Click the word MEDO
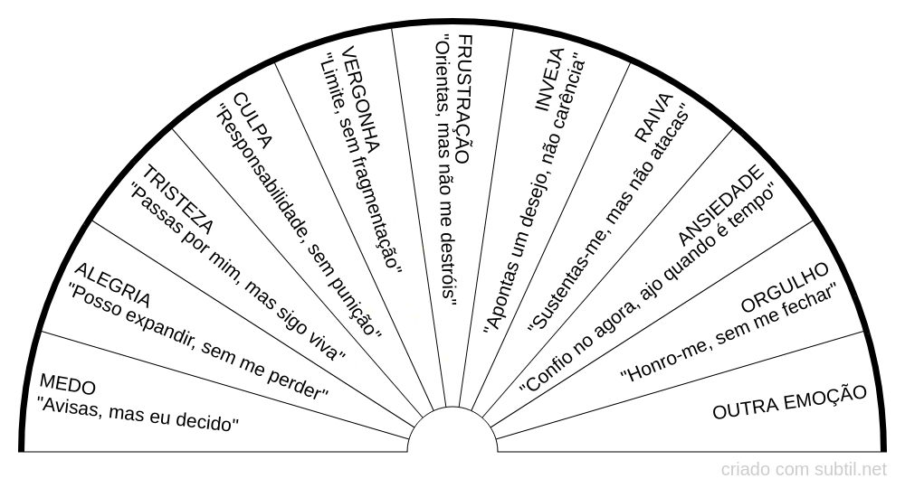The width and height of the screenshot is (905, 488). coord(69,387)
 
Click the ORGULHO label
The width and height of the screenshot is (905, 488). coord(785,284)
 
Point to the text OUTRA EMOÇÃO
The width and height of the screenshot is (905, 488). coord(790,402)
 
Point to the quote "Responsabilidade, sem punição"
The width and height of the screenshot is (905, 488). coord(300,222)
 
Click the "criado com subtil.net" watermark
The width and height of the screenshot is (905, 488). coord(804,470)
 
